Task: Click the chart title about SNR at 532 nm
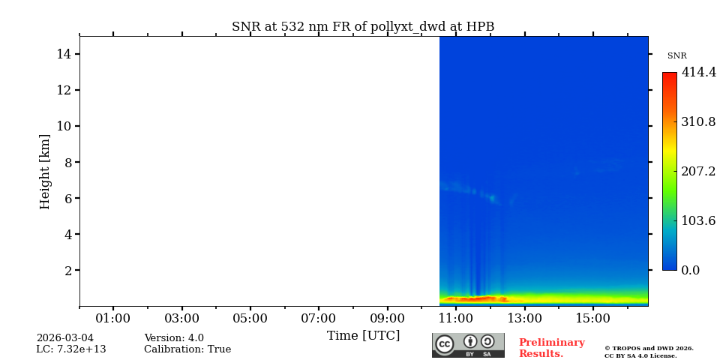coord(363,27)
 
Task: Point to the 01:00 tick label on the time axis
coord(113,319)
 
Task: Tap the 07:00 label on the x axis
coord(319,319)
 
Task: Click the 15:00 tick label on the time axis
coord(593,319)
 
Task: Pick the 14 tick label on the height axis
coord(63,54)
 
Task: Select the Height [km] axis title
coord(45,171)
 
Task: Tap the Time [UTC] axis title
coord(363,335)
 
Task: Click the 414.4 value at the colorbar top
coord(698,73)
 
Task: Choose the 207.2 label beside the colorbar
coord(698,171)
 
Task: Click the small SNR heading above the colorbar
coord(676,56)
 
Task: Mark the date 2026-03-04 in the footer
coord(65,338)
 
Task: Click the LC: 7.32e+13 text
coord(71,349)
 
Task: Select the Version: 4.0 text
coord(174,338)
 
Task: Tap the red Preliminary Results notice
coord(551,348)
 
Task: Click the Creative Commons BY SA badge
coord(468,345)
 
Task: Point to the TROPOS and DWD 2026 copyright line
coord(649,348)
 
